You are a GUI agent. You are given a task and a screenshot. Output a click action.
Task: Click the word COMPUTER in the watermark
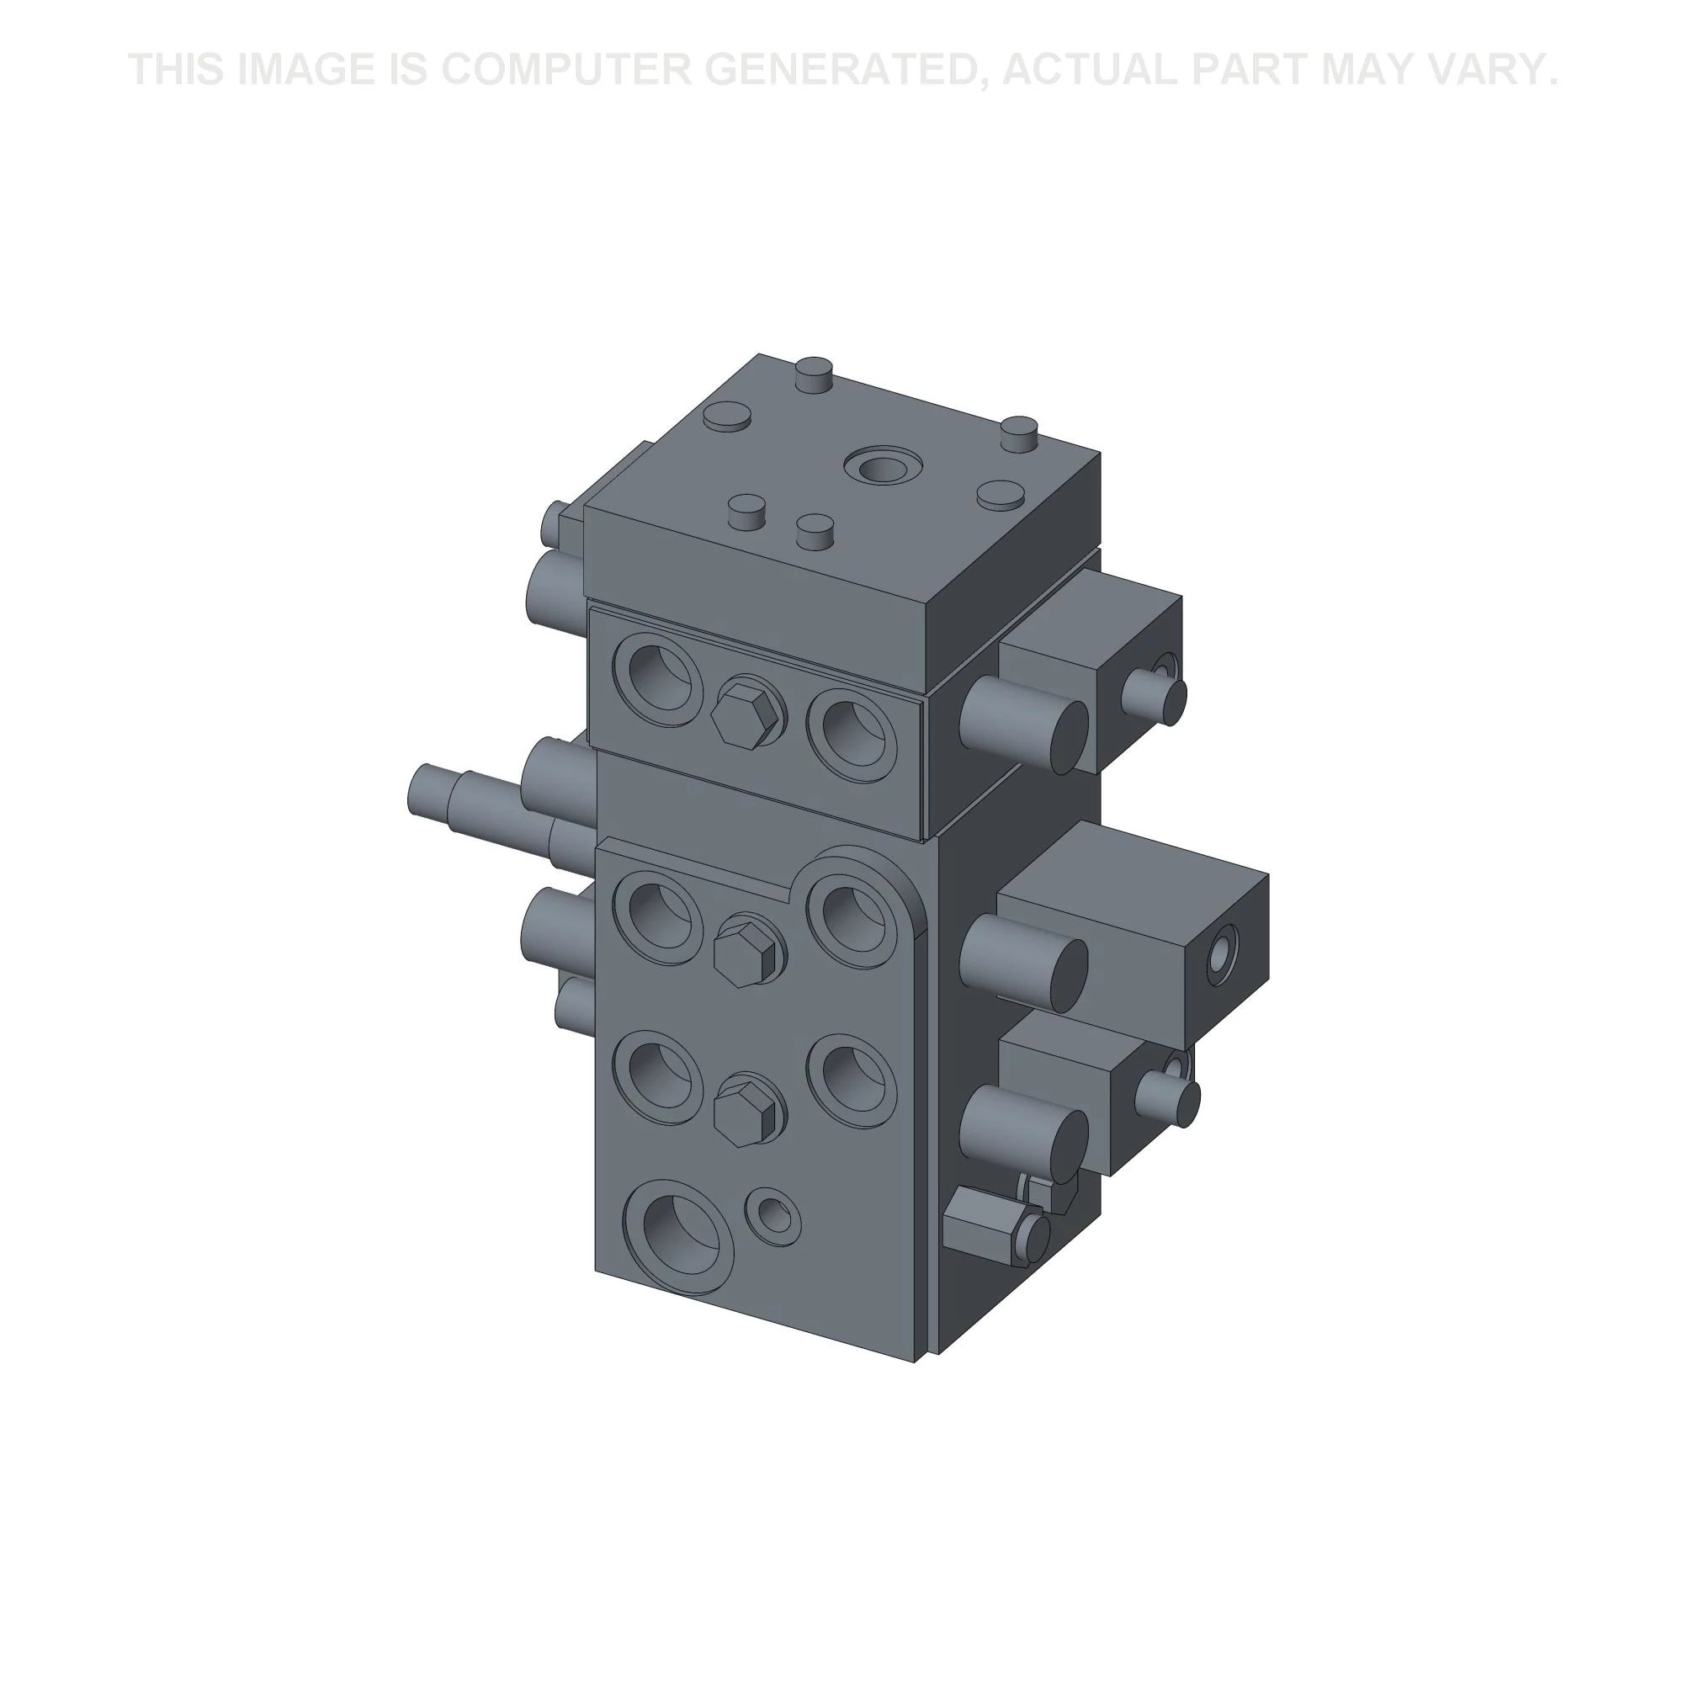click(565, 70)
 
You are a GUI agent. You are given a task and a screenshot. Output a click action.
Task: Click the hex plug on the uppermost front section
click(746, 713)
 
